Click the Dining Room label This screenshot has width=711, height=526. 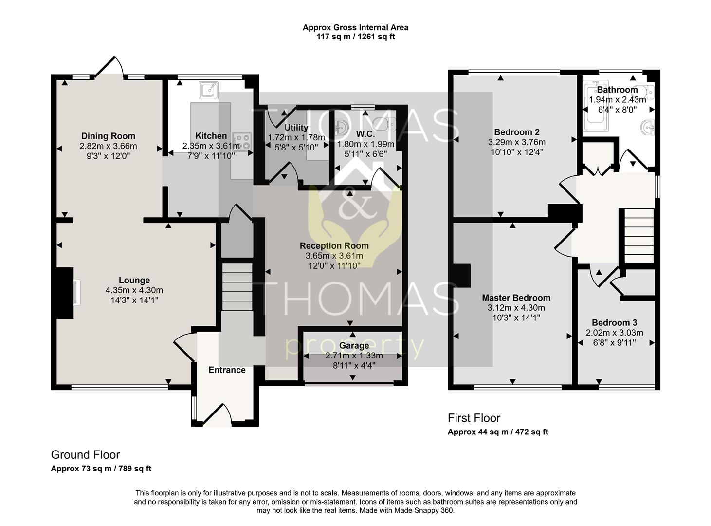coord(108,136)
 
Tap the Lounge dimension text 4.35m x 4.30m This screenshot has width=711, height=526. coord(134,290)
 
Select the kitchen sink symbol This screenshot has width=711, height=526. coord(208,90)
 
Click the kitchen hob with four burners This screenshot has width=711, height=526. coord(242,142)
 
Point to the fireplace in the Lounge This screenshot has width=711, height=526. coord(66,293)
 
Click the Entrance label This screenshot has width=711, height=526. coord(227,370)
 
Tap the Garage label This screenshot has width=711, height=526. coord(354,346)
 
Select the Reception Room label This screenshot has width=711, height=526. coord(334,246)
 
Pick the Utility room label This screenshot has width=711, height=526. coord(296,128)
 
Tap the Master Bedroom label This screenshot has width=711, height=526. coord(516,298)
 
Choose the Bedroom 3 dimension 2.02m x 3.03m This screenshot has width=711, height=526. coord(614,333)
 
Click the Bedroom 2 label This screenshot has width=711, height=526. coord(517,132)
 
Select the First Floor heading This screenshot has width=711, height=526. coord(474,418)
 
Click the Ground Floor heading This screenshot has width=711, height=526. coord(85,455)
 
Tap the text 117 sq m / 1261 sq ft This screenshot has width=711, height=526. coord(355,37)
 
